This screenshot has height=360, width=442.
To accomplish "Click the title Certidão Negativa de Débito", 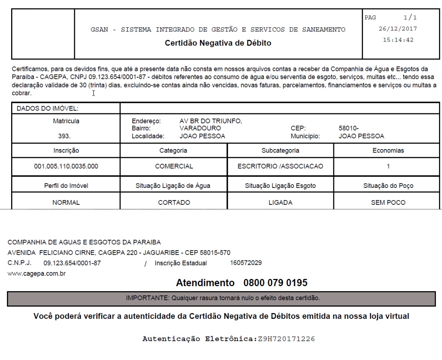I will point(218,43).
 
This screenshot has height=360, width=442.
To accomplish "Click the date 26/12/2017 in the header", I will point(398,29).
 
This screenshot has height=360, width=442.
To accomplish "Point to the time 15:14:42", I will point(398,40).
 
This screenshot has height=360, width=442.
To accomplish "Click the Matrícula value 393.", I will point(66,136).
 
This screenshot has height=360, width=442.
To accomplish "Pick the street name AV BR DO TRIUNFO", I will point(210,121).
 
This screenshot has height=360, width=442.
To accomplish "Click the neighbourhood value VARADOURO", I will point(200,128).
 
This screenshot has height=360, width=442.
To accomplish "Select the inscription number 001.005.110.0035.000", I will point(66,167).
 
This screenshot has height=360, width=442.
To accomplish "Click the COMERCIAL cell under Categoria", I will point(174,167).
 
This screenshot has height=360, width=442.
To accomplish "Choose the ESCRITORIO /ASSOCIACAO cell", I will point(280,167).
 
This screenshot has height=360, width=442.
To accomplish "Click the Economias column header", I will point(388,151).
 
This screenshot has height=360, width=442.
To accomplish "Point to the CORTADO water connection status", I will point(174,203).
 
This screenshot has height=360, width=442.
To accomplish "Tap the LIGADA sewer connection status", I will point(280,203).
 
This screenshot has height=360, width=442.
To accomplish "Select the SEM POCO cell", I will point(388,203).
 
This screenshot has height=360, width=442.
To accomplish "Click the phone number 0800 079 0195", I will point(275,283).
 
